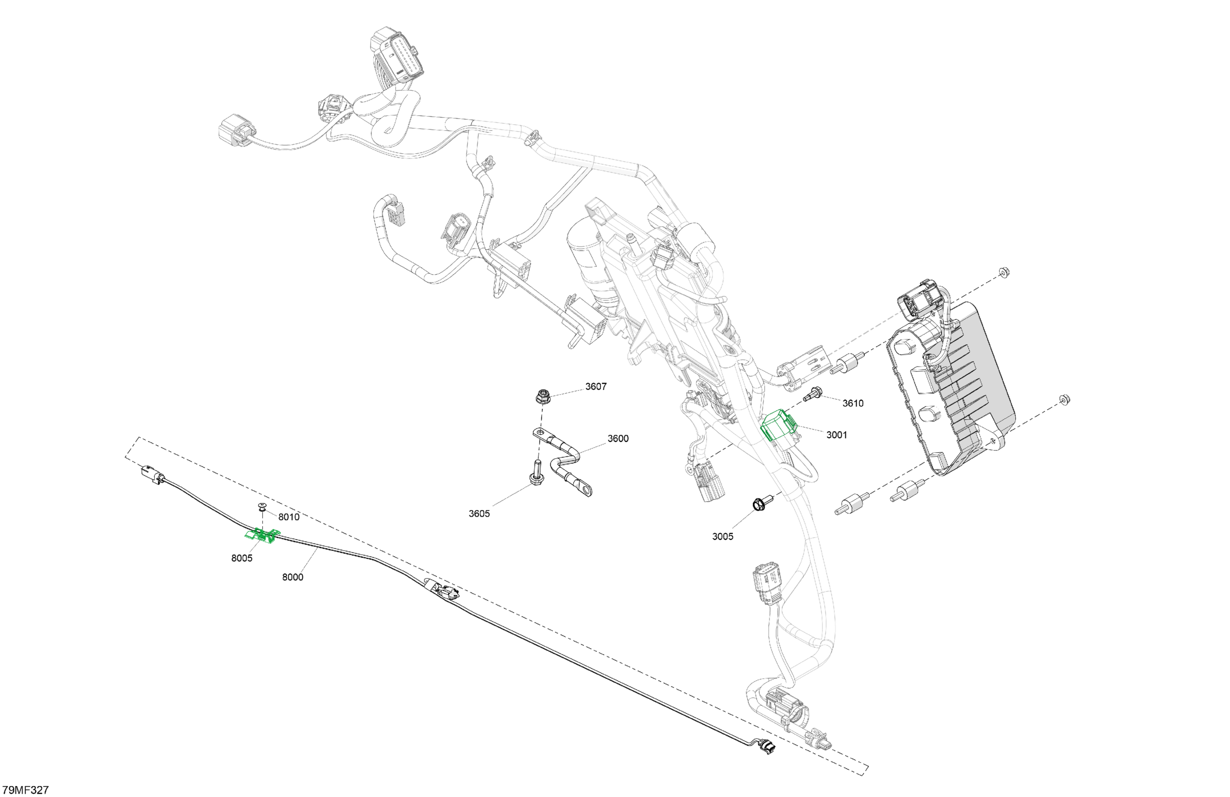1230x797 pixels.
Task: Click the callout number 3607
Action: (595, 386)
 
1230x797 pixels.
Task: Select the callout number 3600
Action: (618, 438)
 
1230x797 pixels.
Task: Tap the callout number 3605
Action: (479, 513)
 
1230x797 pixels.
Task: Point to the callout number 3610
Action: (853, 403)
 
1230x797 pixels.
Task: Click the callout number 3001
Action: (836, 435)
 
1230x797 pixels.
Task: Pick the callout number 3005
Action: (722, 537)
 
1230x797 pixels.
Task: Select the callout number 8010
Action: (289, 517)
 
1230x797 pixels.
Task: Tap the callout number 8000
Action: (293, 577)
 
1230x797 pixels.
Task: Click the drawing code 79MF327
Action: (25, 790)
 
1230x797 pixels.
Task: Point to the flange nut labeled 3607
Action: (543, 397)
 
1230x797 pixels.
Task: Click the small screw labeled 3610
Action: (813, 394)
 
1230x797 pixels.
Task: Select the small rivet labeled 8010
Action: (262, 505)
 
